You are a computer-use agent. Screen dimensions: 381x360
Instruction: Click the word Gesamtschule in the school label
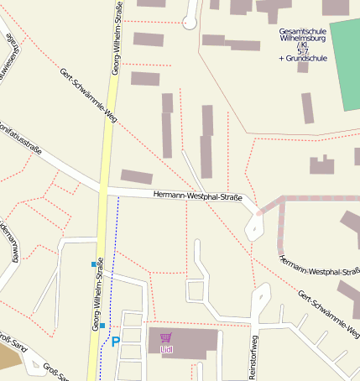(303, 31)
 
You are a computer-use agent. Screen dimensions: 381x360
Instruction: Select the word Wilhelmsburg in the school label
(303, 39)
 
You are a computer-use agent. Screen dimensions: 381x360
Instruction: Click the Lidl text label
(166, 348)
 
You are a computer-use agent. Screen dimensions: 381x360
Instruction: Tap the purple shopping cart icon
(165, 337)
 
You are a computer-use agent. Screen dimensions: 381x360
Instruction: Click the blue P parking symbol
(116, 342)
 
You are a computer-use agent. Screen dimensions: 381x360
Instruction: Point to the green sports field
(345, 64)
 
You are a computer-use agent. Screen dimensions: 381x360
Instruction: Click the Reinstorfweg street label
(252, 357)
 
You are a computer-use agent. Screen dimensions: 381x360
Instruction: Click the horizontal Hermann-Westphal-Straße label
(198, 196)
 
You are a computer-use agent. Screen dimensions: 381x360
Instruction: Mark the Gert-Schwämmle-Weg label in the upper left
(89, 96)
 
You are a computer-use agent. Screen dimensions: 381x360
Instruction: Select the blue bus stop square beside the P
(102, 325)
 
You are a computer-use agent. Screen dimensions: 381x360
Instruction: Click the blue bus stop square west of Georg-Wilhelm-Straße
(94, 264)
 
